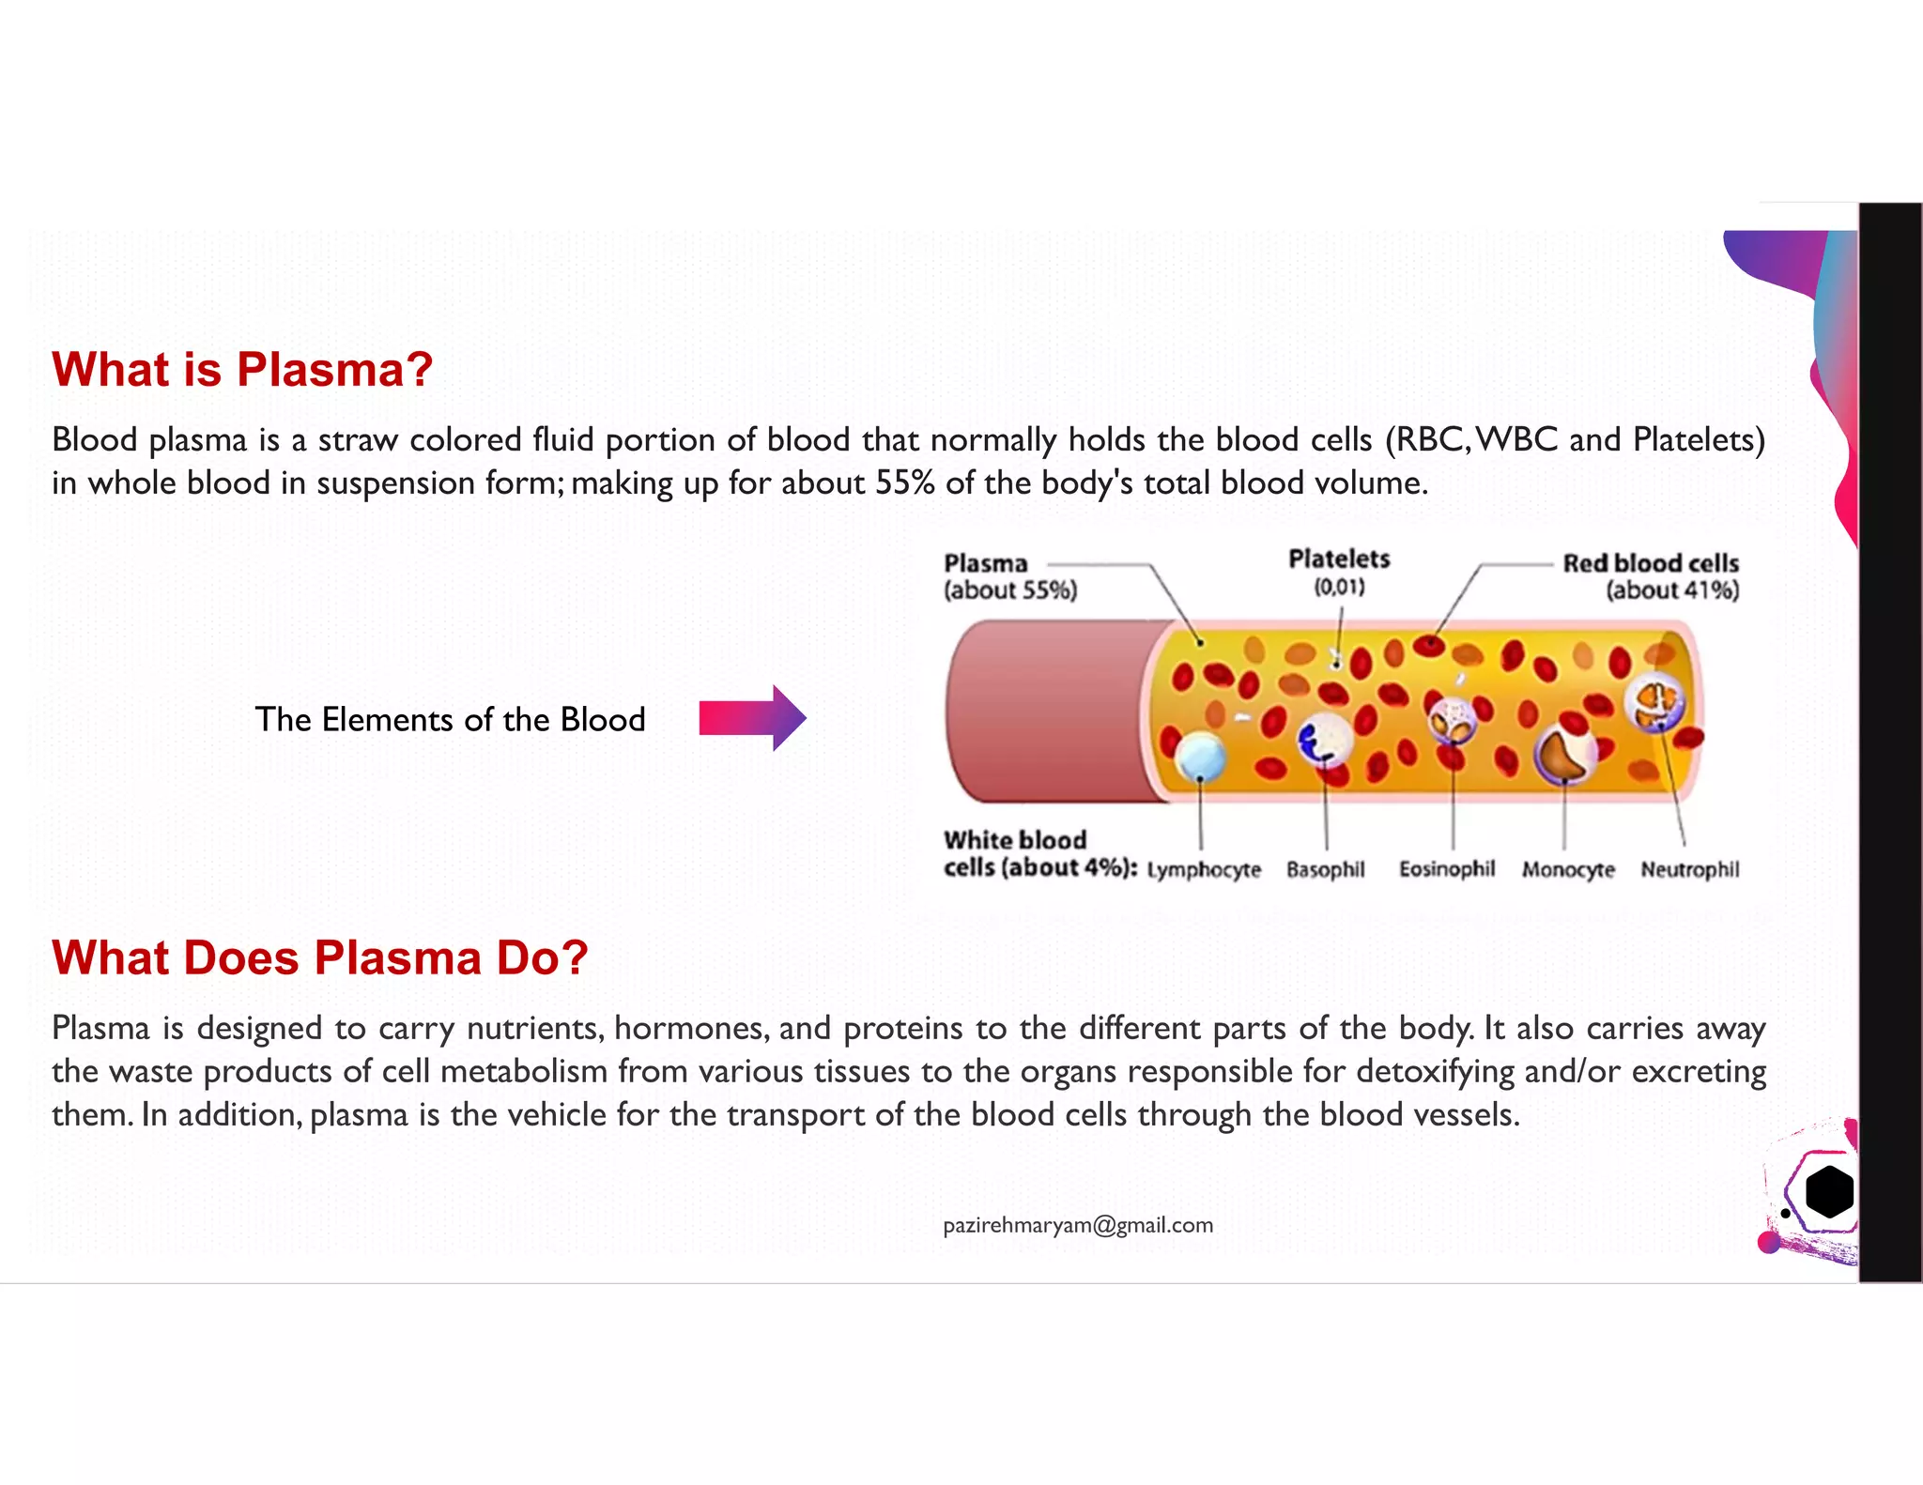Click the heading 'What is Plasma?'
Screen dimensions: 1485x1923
[242, 369]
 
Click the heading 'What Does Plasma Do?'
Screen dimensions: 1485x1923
[320, 957]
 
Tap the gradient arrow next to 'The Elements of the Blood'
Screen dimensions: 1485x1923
[752, 718]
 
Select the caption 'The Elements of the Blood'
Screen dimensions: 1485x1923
[450, 719]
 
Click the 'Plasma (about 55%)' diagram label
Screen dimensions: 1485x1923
[1009, 576]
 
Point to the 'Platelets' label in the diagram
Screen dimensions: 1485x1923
[1339, 560]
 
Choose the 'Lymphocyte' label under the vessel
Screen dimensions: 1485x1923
[1204, 870]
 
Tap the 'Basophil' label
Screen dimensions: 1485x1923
[1325, 870]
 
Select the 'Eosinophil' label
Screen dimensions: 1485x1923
[1446, 869]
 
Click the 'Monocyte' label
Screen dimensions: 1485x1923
[1568, 870]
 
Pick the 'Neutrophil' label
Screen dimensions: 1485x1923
[1689, 870]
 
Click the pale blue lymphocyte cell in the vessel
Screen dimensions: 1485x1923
[1200, 757]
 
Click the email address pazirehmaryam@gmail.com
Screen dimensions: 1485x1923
[1078, 1225]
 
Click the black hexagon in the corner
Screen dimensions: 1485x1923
[1828, 1192]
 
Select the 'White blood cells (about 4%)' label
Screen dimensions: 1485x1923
[1038, 853]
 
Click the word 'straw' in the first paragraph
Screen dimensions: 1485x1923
[358, 439]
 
